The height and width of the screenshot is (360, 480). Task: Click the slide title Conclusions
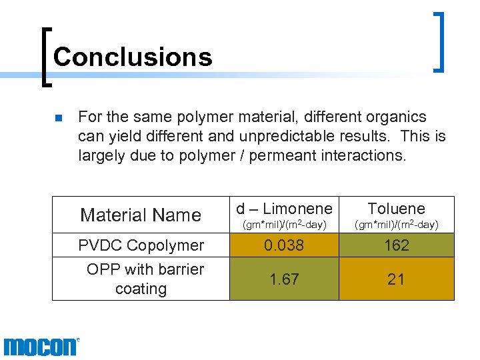pyautogui.click(x=132, y=57)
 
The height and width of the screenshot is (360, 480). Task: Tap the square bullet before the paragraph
pyautogui.click(x=58, y=119)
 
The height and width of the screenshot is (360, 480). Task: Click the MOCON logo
pyautogui.click(x=41, y=347)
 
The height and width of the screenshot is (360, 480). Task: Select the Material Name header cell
pyautogui.click(x=140, y=215)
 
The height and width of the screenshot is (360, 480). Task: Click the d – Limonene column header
pyautogui.click(x=284, y=208)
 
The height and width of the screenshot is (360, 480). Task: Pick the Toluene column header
pyautogui.click(x=396, y=208)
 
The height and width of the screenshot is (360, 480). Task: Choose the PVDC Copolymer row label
pyautogui.click(x=141, y=245)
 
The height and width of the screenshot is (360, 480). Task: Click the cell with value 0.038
pyautogui.click(x=284, y=245)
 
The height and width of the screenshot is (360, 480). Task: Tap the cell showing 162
pyautogui.click(x=396, y=245)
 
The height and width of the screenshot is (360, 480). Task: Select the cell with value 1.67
pyautogui.click(x=284, y=279)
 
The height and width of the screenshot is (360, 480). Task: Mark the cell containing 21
pyautogui.click(x=396, y=279)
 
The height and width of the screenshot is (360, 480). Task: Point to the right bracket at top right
pyautogui.click(x=439, y=41)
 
